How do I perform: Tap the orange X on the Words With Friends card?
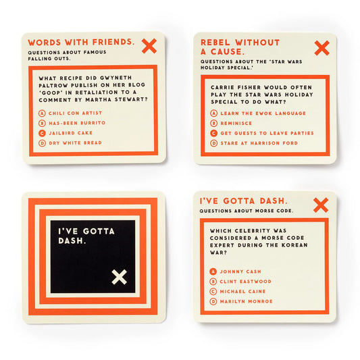(x=149, y=46)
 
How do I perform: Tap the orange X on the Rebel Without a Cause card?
(x=322, y=48)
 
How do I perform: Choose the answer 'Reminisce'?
(x=233, y=123)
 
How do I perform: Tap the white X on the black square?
(x=119, y=276)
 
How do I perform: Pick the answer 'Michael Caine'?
(x=241, y=291)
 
